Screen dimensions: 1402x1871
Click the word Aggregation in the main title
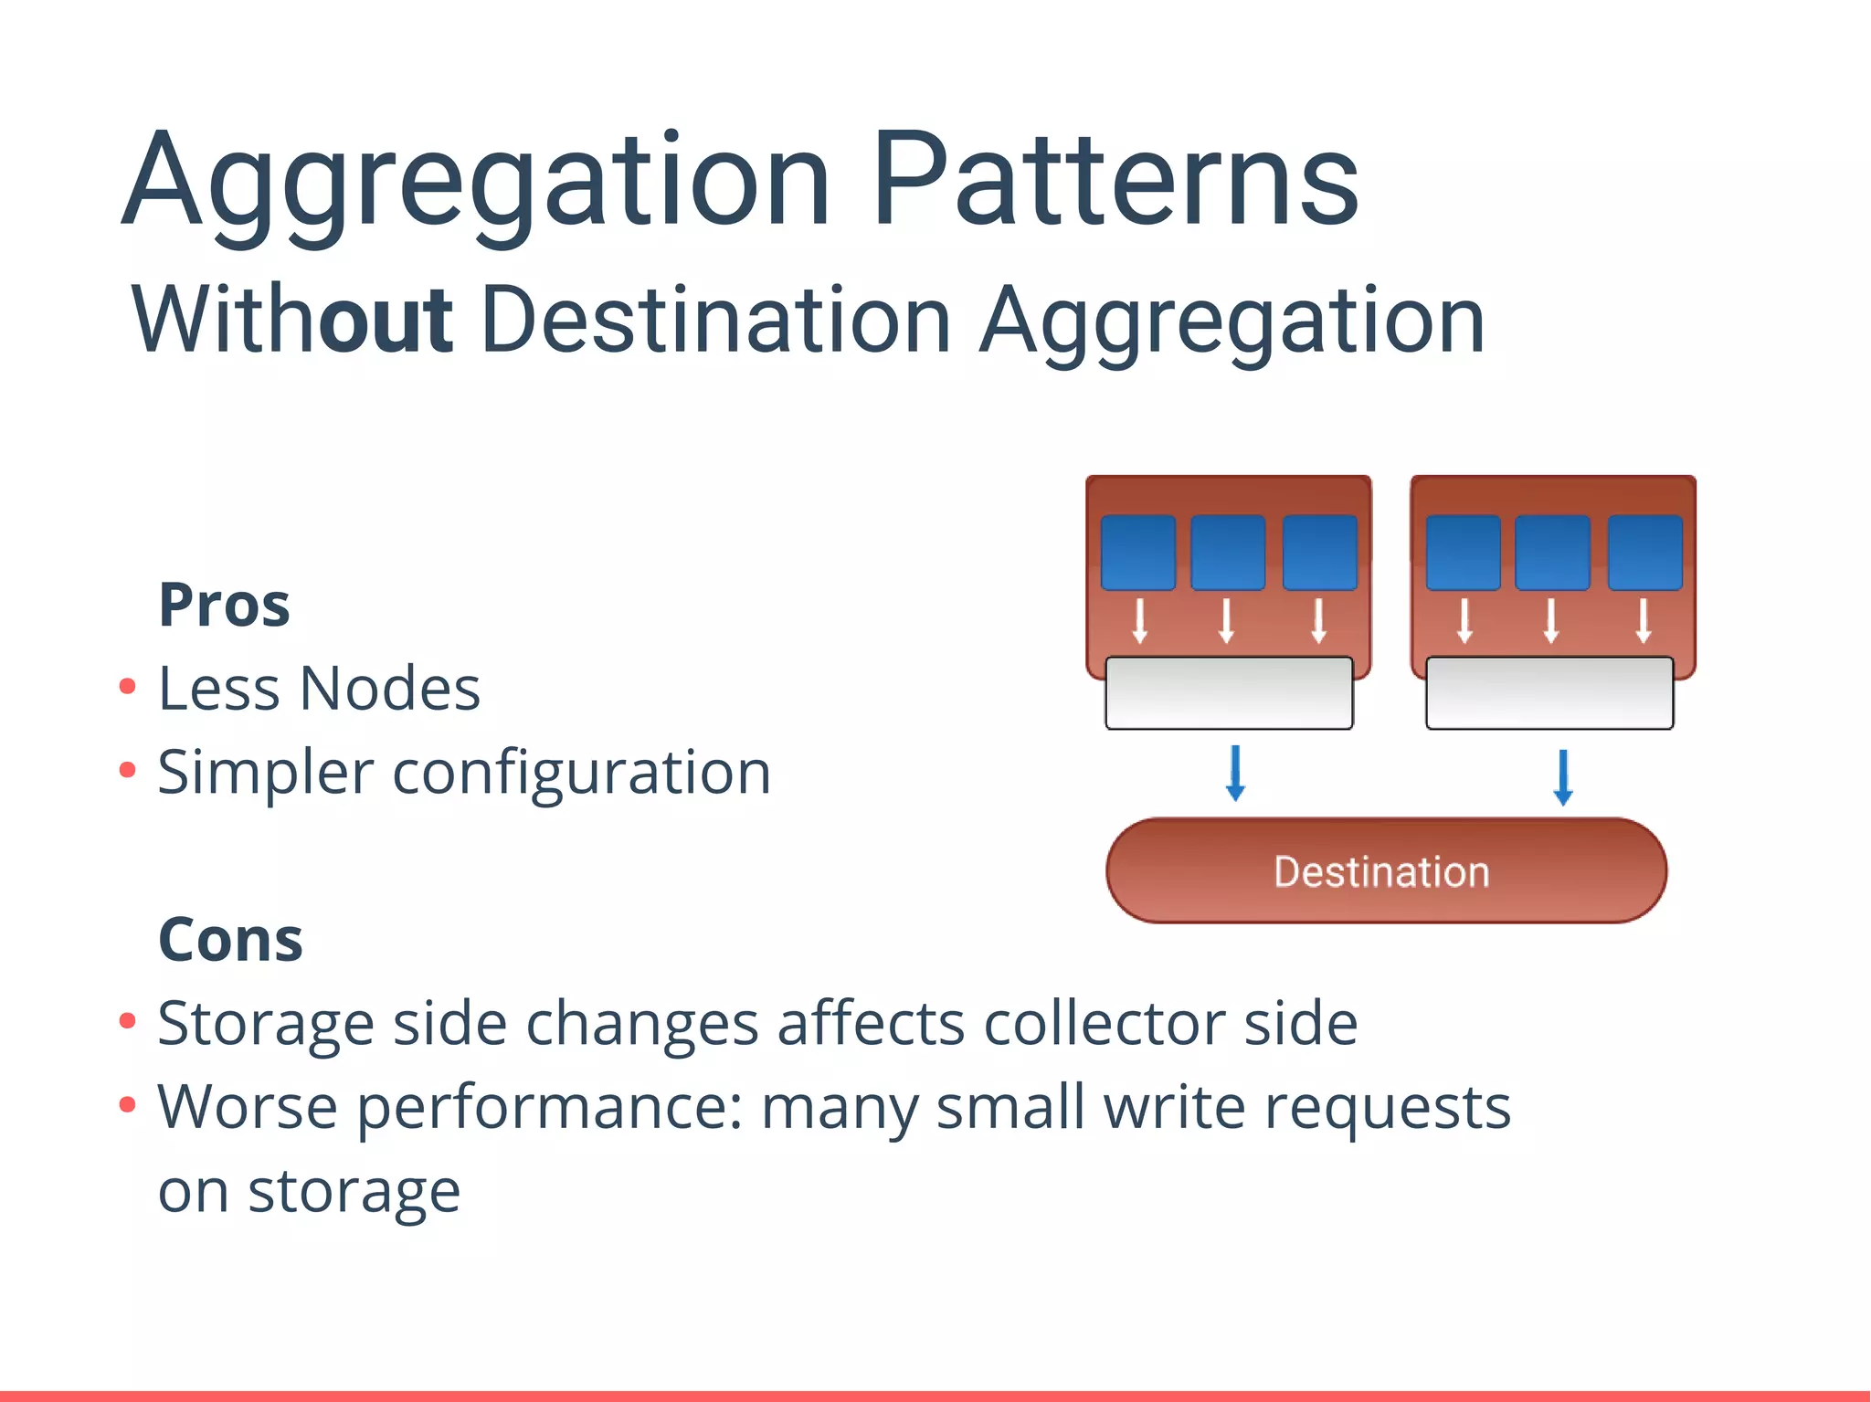pos(475,183)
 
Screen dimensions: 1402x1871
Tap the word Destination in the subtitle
pos(717,320)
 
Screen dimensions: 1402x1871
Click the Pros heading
pos(224,606)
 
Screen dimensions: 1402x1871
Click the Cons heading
pos(230,940)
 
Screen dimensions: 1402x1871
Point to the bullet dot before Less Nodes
pos(128,687)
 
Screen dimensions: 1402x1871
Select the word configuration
pos(582,773)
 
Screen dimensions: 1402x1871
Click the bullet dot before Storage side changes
pos(128,1020)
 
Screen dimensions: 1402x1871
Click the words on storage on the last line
pos(309,1191)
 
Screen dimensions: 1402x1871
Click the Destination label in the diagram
pos(1381,872)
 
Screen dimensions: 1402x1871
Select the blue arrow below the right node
pos(1562,777)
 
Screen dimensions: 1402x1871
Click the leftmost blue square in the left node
pos(1137,553)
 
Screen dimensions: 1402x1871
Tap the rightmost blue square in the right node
pos(1644,553)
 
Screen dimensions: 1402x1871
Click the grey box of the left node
pos(1229,693)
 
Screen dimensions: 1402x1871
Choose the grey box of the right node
pos(1549,693)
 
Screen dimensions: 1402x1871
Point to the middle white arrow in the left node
pos(1227,621)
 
